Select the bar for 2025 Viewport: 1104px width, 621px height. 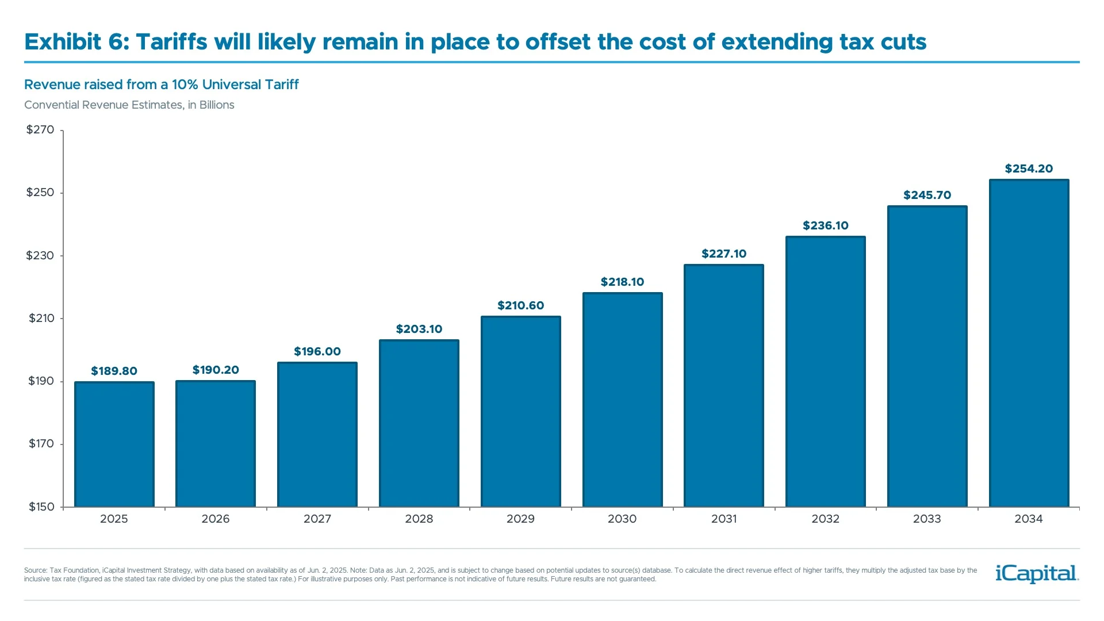114,444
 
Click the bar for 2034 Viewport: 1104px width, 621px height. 1029,343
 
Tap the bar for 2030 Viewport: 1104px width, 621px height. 622,400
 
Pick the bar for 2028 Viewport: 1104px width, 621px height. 419,423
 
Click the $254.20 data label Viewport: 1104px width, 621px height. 1029,168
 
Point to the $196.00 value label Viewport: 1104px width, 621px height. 317,351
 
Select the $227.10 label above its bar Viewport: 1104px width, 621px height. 723,254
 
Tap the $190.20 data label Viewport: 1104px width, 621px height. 216,370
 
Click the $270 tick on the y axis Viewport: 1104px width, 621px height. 40,129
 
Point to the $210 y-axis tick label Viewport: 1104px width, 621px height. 41,318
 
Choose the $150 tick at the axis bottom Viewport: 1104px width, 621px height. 41,507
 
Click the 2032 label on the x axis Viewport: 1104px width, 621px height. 825,519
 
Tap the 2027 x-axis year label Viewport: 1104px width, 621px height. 317,519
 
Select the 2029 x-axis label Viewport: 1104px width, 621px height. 520,519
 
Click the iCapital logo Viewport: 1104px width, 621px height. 1037,573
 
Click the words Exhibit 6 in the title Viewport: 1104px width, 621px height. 76,41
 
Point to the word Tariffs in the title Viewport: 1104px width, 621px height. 171,41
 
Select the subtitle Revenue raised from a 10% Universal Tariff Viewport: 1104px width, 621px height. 161,85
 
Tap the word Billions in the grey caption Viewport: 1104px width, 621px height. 217,105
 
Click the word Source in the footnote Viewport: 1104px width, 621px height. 34,570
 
